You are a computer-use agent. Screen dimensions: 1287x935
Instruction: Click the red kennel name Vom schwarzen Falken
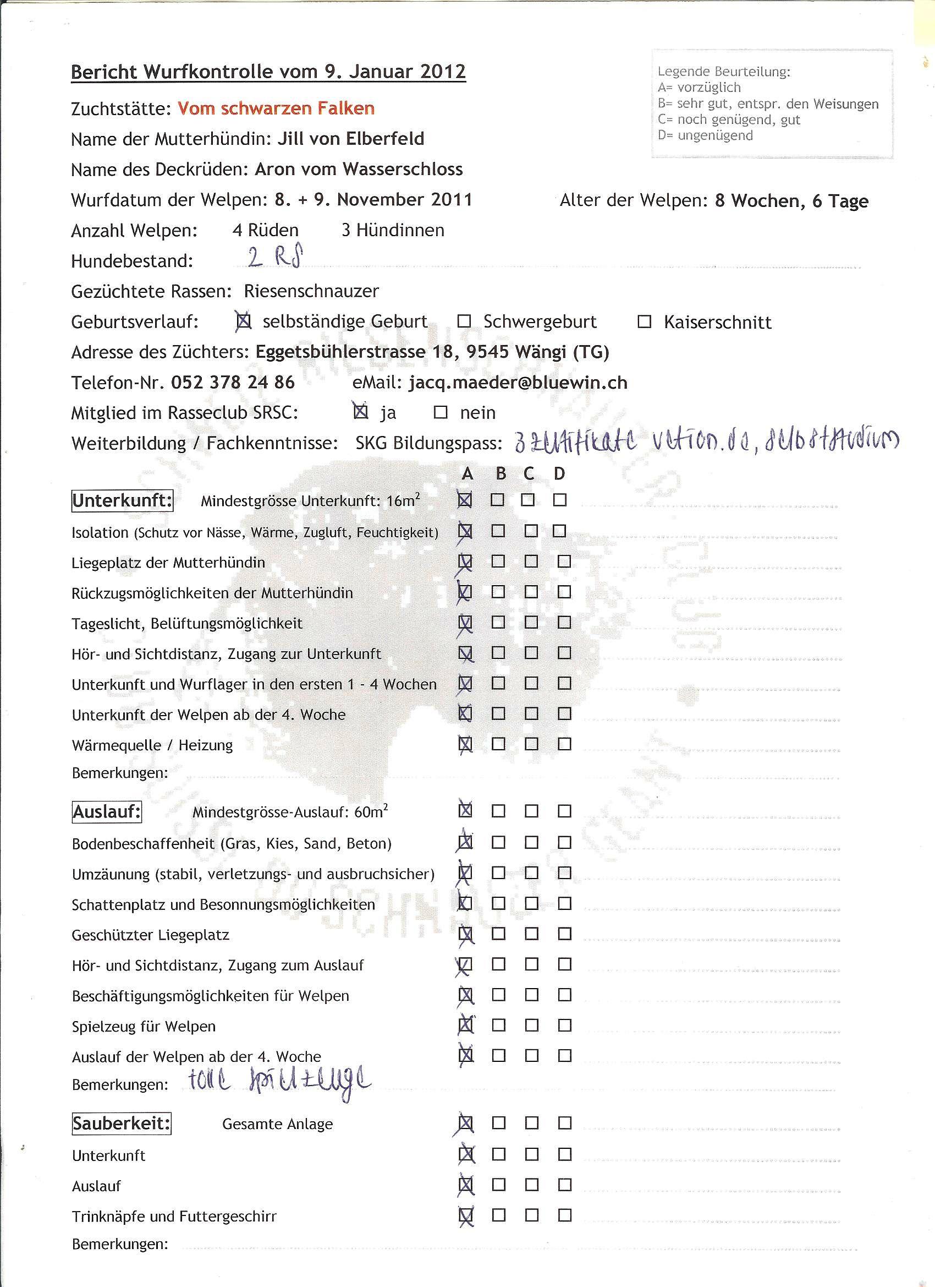[276, 108]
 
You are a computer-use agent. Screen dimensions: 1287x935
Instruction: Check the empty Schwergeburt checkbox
[464, 321]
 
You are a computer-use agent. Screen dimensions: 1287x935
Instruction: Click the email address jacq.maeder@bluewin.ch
[518, 383]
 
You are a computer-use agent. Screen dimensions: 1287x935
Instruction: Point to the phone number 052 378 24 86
[233, 383]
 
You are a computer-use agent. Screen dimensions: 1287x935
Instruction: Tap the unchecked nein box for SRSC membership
[441, 412]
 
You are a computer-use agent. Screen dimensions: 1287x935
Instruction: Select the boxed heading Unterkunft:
[123, 501]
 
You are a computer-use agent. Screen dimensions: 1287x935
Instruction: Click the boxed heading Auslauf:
[107, 812]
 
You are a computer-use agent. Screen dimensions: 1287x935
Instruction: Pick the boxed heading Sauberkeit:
[122, 1123]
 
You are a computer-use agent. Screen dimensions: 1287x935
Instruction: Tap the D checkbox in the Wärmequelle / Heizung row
[564, 744]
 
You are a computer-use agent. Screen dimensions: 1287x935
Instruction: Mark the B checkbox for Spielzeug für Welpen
[498, 1026]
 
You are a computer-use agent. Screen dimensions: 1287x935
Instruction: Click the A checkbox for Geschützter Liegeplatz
[465, 934]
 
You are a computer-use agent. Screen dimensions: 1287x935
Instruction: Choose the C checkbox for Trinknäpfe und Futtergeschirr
[531, 1215]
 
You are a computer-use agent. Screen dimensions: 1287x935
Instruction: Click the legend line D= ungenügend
[705, 135]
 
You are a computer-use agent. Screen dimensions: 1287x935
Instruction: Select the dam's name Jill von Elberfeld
[350, 139]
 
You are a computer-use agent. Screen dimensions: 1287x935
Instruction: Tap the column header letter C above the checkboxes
[529, 474]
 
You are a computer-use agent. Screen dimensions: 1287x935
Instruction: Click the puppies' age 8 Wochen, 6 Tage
[791, 201]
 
